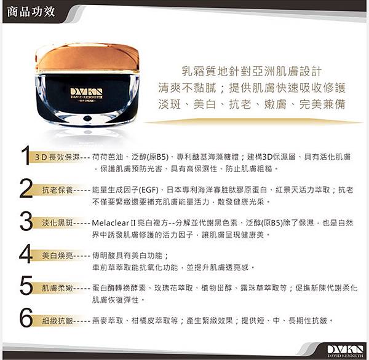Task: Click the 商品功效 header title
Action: point(31,12)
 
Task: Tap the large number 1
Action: point(25,155)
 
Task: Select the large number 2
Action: point(26,188)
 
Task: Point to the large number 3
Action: point(26,221)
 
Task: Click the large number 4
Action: point(26,254)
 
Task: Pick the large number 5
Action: point(26,286)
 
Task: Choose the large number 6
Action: point(26,318)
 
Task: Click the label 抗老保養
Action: point(57,190)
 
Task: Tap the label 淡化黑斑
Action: point(57,222)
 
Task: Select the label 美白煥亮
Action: point(57,255)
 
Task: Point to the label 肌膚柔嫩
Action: point(57,288)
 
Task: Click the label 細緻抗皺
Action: point(57,321)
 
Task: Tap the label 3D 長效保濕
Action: point(57,157)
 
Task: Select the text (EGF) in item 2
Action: point(148,190)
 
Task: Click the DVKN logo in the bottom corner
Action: point(345,350)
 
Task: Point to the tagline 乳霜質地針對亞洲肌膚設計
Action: point(252,71)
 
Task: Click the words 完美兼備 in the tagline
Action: point(322,104)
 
